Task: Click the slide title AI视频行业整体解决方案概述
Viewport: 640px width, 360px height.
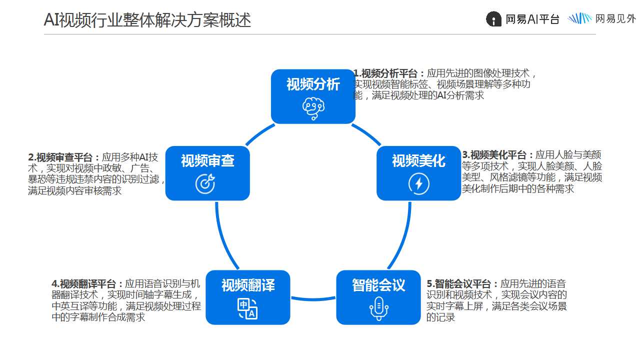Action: [147, 19]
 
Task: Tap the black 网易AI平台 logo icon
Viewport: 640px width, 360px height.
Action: [493, 19]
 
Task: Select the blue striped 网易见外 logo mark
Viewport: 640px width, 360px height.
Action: [579, 18]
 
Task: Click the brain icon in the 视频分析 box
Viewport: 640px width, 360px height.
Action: [313, 108]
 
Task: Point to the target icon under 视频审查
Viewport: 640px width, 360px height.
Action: [205, 183]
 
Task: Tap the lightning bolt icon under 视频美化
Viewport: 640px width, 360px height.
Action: [419, 183]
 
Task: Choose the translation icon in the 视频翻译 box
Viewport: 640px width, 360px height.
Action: [247, 309]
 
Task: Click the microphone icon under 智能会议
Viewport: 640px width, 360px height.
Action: [379, 308]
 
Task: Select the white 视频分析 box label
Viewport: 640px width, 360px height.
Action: [313, 84]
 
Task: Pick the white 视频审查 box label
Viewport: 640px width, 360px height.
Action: [207, 160]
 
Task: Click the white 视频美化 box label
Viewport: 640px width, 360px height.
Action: [418, 160]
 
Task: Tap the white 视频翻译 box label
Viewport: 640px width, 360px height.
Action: [248, 285]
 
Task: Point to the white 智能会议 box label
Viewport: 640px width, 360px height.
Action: [378, 285]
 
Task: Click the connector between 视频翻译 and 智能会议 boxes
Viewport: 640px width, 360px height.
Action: [313, 299]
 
